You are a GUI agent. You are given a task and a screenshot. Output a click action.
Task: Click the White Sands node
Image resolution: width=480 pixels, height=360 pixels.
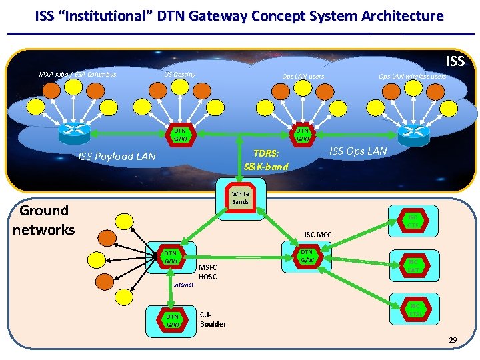point(239,197)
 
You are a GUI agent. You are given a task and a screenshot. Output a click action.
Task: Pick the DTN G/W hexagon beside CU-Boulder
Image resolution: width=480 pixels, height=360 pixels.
point(172,320)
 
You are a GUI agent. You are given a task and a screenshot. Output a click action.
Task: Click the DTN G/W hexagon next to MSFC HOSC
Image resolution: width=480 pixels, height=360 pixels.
point(171,258)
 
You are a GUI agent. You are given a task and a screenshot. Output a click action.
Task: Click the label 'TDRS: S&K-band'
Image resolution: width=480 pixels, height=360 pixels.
point(266,159)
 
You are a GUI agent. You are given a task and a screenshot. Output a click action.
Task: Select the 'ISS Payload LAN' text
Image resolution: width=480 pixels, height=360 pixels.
point(117,157)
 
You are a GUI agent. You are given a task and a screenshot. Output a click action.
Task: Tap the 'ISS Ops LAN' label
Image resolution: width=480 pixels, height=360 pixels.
point(358,151)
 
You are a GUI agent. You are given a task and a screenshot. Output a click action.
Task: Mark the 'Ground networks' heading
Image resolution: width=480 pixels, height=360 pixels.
point(44,220)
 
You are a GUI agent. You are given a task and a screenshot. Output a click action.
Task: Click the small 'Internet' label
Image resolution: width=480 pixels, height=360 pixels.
point(183,285)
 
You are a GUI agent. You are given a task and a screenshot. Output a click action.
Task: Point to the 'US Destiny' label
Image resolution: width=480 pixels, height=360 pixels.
point(180,74)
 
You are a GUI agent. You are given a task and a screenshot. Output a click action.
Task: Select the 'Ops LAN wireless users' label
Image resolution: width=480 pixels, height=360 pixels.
point(412,77)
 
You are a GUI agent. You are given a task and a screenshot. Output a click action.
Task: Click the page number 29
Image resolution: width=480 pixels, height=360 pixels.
point(453,341)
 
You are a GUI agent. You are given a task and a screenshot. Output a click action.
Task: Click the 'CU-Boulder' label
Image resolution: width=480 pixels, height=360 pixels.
point(213,319)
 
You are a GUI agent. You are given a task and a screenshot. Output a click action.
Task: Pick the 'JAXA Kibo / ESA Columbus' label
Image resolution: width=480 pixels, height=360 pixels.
point(77,74)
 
